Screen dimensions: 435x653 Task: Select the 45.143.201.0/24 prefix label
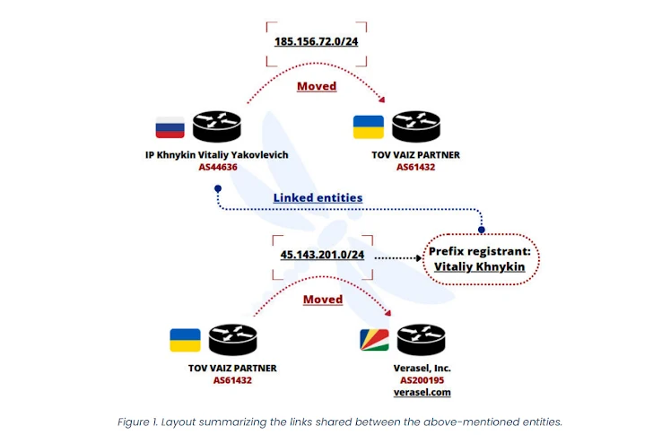pos(322,255)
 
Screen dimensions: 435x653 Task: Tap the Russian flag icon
pos(170,126)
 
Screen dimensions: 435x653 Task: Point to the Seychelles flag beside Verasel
pos(374,340)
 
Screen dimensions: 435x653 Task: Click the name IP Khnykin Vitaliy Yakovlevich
pos(217,154)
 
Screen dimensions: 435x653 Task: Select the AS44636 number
pos(218,167)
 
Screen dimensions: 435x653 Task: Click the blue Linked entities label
pos(318,197)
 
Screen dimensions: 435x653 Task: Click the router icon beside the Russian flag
pos(216,126)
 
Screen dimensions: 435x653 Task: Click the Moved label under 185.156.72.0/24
pos(317,86)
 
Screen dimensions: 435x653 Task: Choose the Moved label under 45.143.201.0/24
pos(323,299)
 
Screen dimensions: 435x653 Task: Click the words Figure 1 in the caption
pos(140,422)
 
